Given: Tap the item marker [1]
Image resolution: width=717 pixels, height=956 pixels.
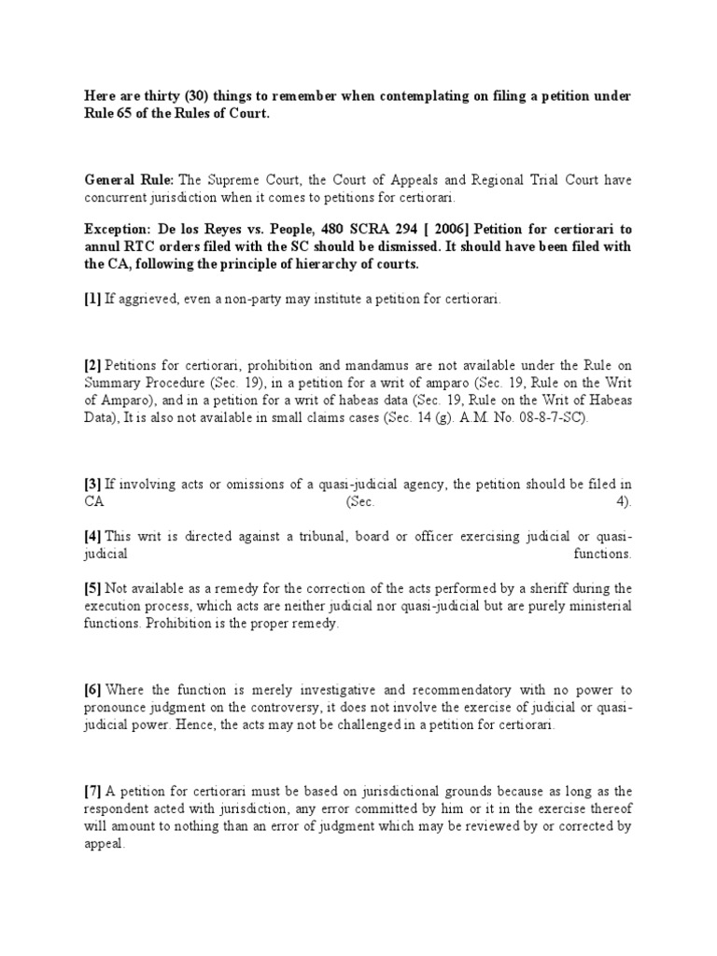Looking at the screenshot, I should [92, 298].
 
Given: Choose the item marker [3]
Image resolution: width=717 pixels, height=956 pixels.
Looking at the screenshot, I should [92, 485].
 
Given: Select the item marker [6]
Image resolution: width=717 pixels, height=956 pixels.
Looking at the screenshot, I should [92, 690].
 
